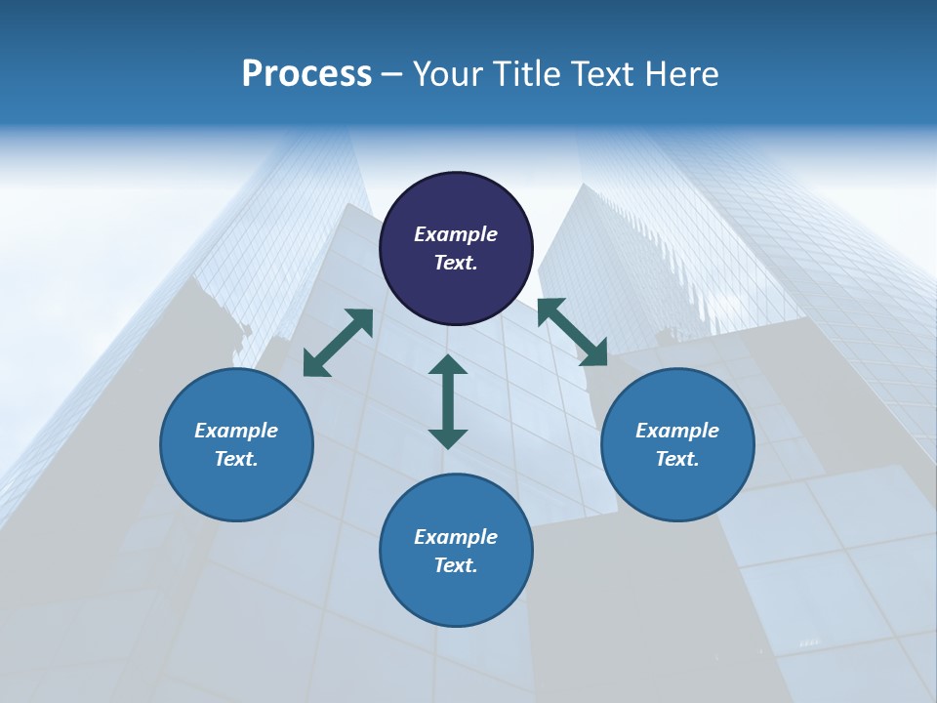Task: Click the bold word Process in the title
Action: pyautogui.click(x=306, y=74)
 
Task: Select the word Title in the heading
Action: pyautogui.click(x=526, y=74)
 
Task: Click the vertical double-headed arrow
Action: pyautogui.click(x=448, y=401)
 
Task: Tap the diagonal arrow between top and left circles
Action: pyautogui.click(x=338, y=343)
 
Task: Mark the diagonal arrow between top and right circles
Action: pyautogui.click(x=572, y=332)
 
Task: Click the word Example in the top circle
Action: pyautogui.click(x=456, y=234)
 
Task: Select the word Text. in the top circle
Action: pyautogui.click(x=456, y=263)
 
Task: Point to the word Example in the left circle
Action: pyautogui.click(x=236, y=431)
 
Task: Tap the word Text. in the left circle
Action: pyautogui.click(x=236, y=459)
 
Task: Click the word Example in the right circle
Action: pyautogui.click(x=677, y=431)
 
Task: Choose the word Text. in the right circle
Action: pyautogui.click(x=677, y=459)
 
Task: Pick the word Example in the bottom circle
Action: pyautogui.click(x=456, y=537)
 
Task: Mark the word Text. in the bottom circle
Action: pyautogui.click(x=456, y=565)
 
